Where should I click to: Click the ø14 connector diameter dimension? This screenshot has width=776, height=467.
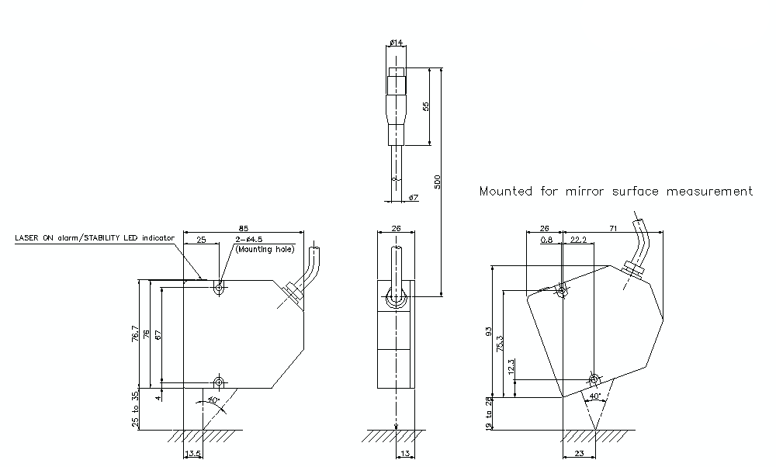pyautogui.click(x=395, y=42)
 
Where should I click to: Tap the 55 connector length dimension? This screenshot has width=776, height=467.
pyautogui.click(x=425, y=106)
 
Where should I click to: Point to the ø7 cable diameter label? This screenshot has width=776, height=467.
pyautogui.click(x=413, y=198)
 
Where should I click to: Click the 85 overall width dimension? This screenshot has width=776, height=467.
pyautogui.click(x=243, y=228)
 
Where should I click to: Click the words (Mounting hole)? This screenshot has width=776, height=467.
pyautogui.click(x=265, y=250)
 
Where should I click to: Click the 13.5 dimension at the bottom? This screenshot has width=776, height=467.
pyautogui.click(x=192, y=455)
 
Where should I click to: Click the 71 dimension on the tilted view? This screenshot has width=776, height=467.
pyautogui.click(x=613, y=228)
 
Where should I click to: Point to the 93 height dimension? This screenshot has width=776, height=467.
pyautogui.click(x=489, y=331)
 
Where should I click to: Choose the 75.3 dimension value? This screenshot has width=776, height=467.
pyautogui.click(x=500, y=342)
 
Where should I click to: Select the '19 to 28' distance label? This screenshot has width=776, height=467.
pyautogui.click(x=489, y=414)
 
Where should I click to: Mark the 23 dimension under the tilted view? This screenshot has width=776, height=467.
pyautogui.click(x=577, y=455)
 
